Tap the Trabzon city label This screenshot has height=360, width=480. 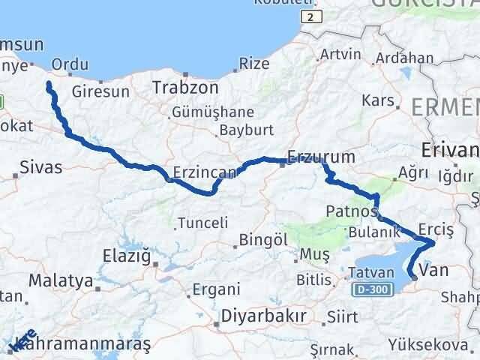tap(185, 88)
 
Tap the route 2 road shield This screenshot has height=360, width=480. tap(309, 16)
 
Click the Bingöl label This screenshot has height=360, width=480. tap(260, 241)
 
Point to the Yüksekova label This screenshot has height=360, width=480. tap(421, 343)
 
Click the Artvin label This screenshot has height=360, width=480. tap(340, 55)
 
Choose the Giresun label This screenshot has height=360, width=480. tap(101, 92)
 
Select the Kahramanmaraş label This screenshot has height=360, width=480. tap(83, 343)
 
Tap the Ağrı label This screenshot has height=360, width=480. tap(413, 172)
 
